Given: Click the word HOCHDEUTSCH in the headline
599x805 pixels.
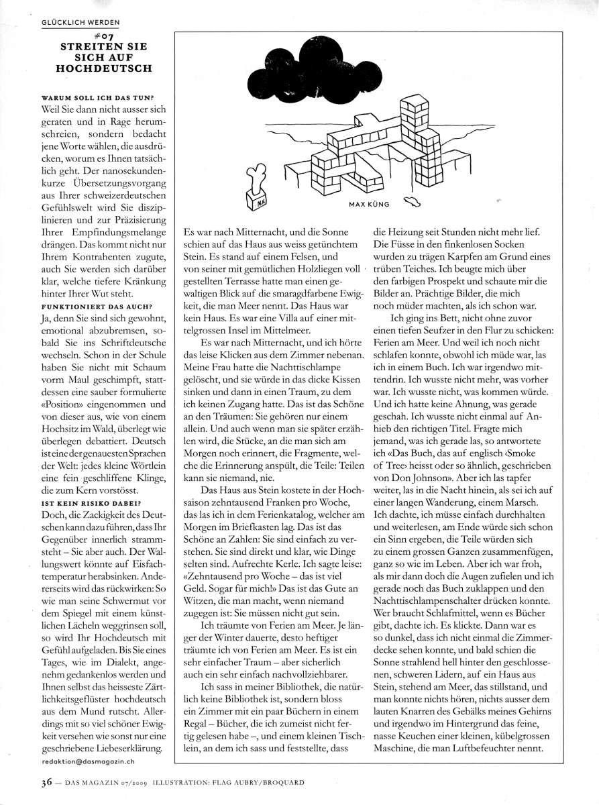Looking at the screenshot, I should [x=101, y=68].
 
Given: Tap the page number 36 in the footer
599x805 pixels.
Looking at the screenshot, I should [x=48, y=782].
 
